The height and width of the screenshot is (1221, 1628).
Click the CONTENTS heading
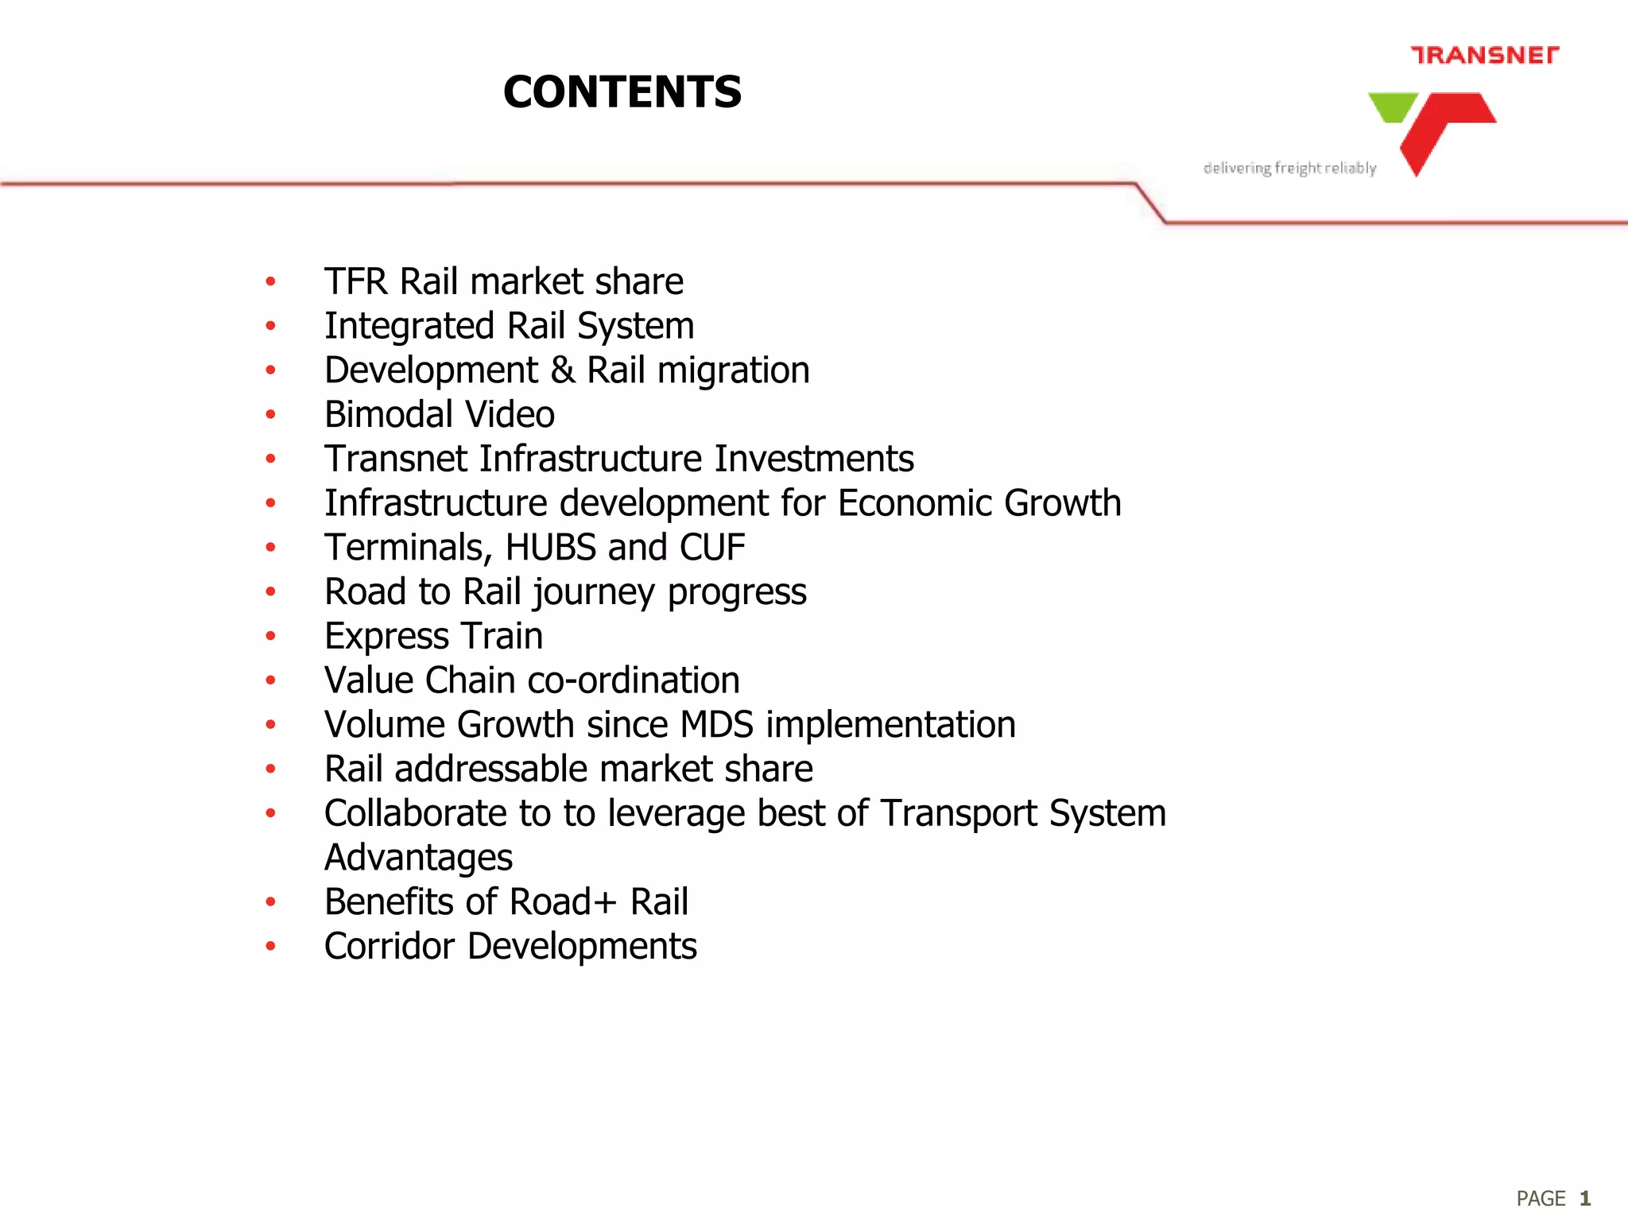(x=622, y=91)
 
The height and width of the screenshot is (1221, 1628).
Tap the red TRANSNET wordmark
(x=1484, y=55)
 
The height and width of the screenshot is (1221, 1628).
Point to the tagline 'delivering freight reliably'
(x=1289, y=168)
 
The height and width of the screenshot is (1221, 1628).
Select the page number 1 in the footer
(x=1584, y=1198)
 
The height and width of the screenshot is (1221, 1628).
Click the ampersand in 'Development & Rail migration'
(x=563, y=370)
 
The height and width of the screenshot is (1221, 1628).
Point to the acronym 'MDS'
(x=716, y=725)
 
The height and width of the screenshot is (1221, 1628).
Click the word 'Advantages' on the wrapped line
(x=419, y=858)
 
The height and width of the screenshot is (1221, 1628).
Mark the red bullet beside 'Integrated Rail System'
(x=271, y=326)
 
